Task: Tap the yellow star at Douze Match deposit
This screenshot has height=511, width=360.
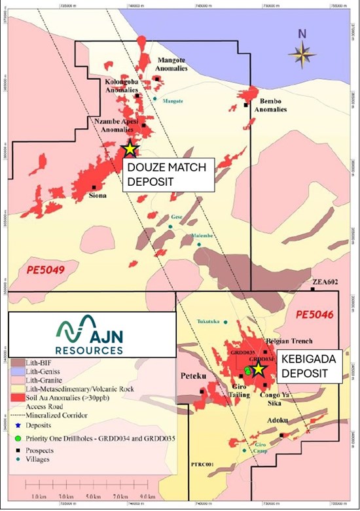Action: pyautogui.click(x=130, y=149)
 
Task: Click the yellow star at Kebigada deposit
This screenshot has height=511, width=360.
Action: pyautogui.click(x=258, y=369)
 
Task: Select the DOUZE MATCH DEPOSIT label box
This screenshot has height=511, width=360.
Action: pyautogui.click(x=169, y=174)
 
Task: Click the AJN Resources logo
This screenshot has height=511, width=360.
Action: pyautogui.click(x=91, y=334)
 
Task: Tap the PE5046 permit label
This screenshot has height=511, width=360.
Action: pyautogui.click(x=315, y=315)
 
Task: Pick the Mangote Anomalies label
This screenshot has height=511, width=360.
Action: pyautogui.click(x=170, y=63)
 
